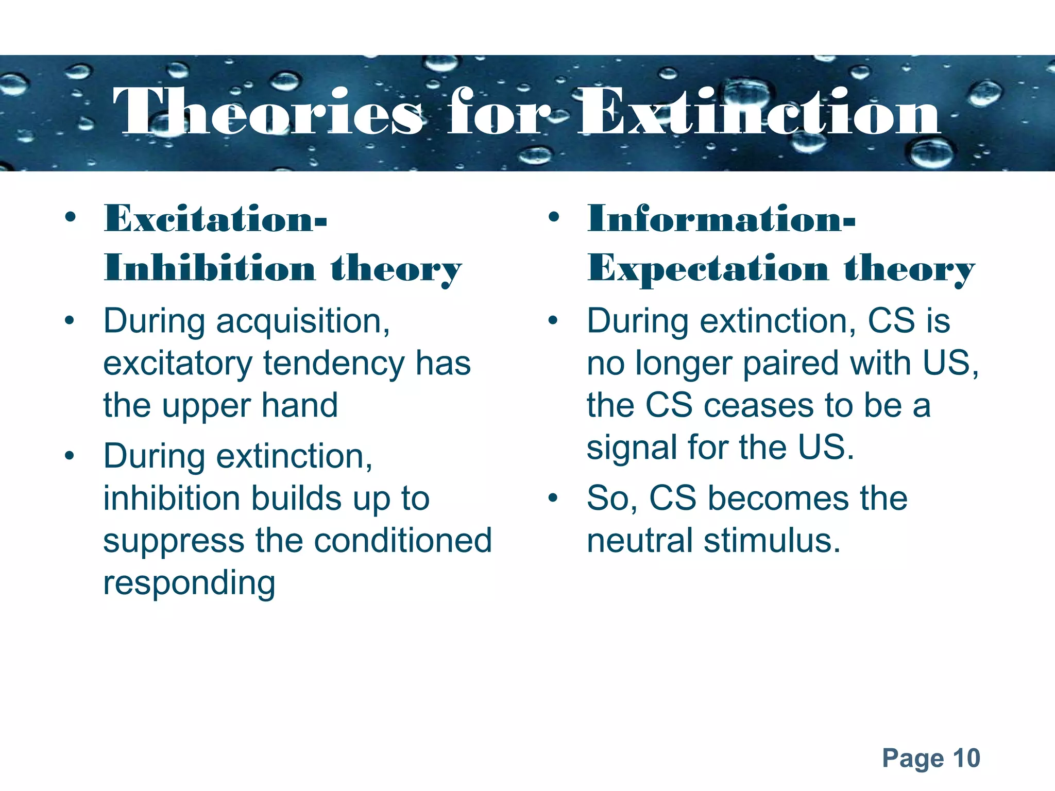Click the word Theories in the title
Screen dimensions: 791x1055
coord(268,112)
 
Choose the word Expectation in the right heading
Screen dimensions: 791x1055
coord(707,269)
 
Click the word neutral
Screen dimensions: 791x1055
coord(640,541)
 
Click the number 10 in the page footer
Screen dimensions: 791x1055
coord(966,758)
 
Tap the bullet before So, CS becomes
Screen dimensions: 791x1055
coord(553,498)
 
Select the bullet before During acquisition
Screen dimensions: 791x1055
coord(70,321)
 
